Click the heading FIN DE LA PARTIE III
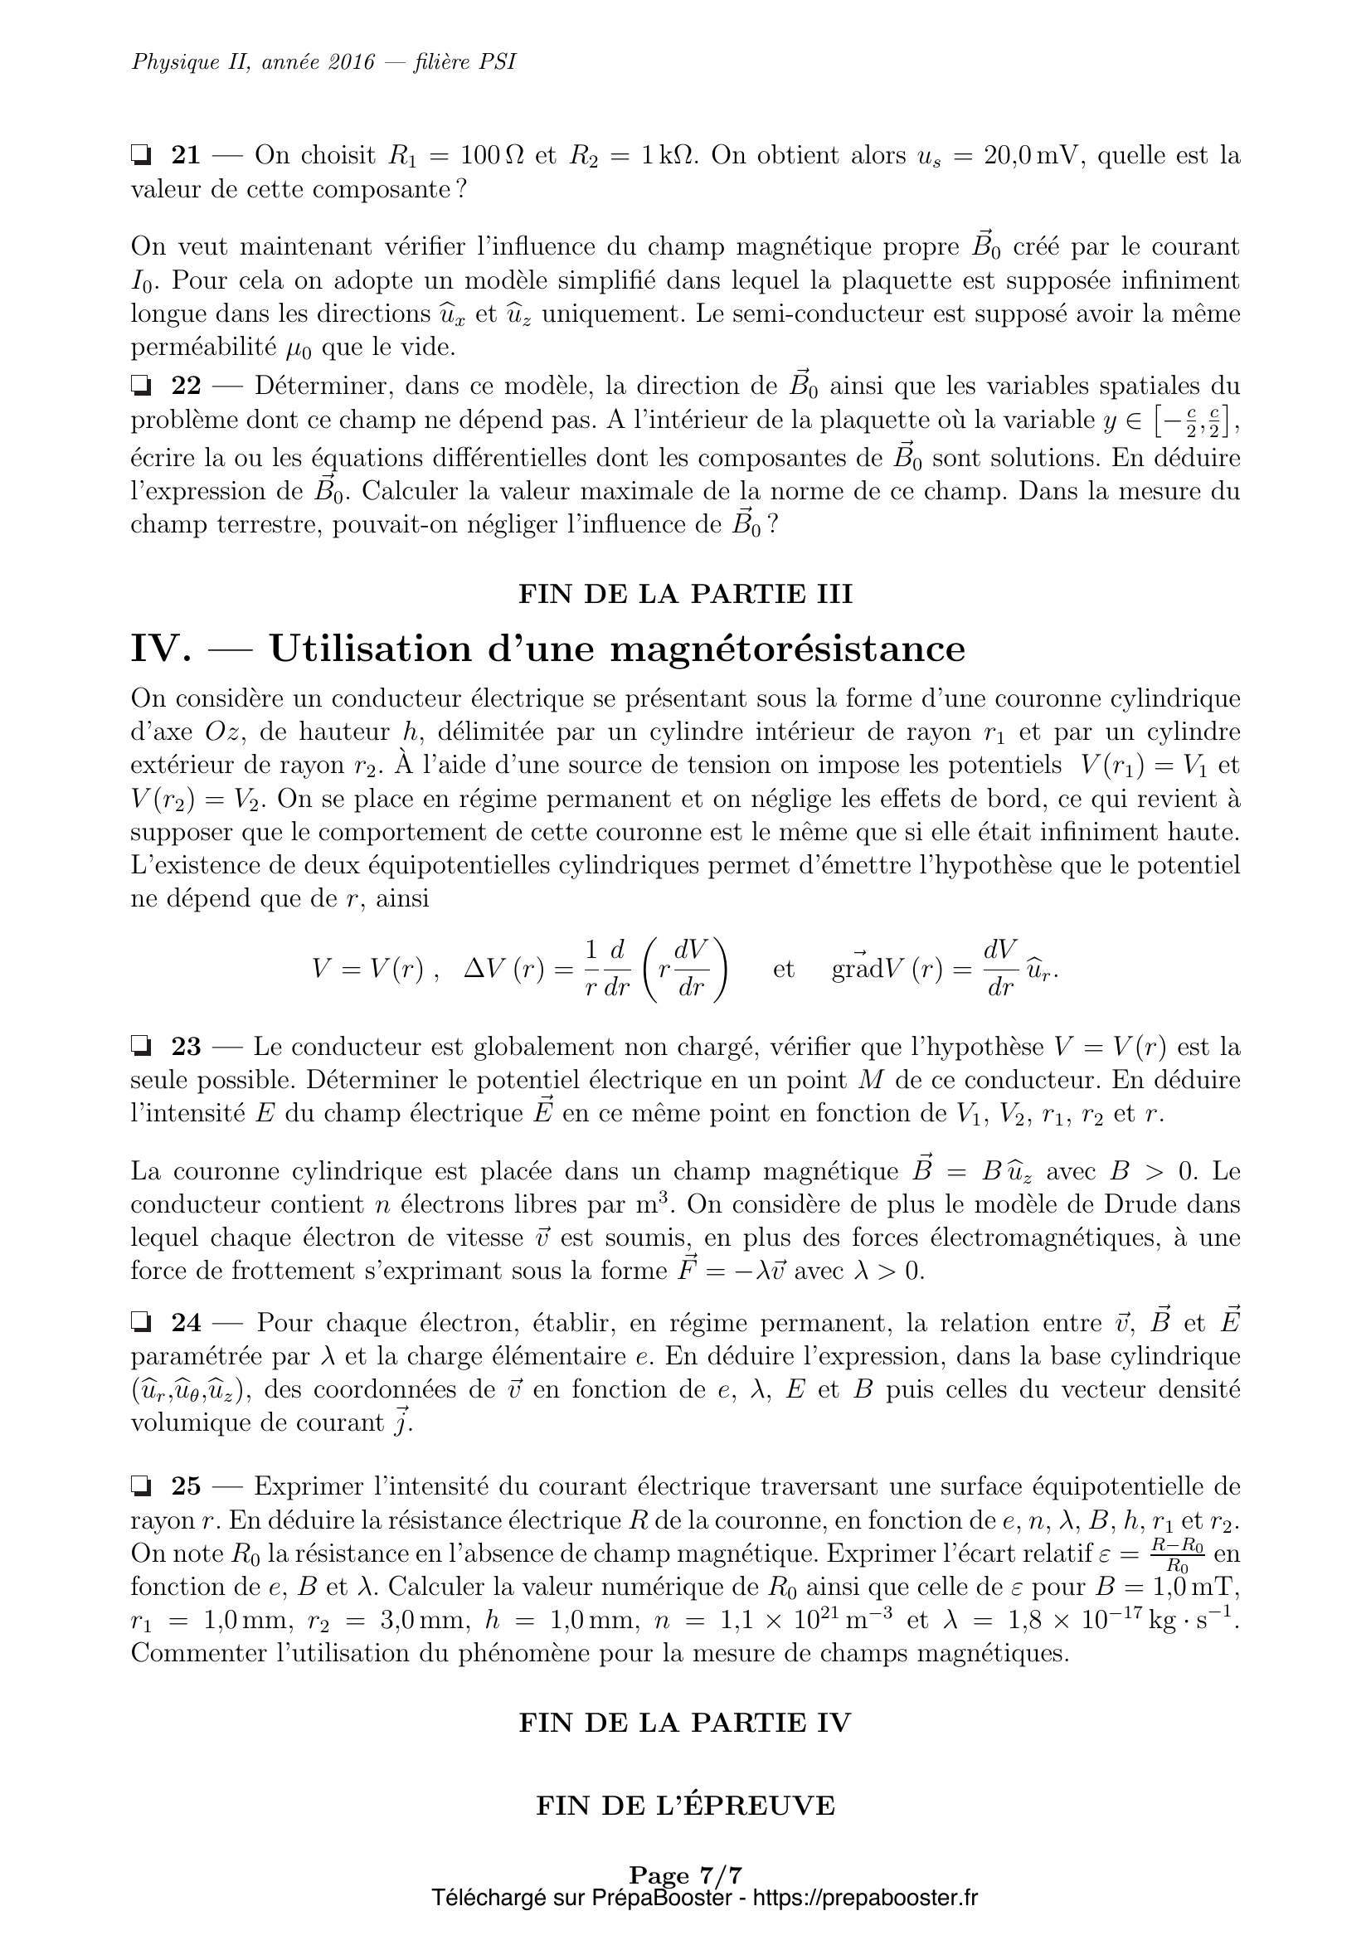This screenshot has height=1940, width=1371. pyautogui.click(x=685, y=594)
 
